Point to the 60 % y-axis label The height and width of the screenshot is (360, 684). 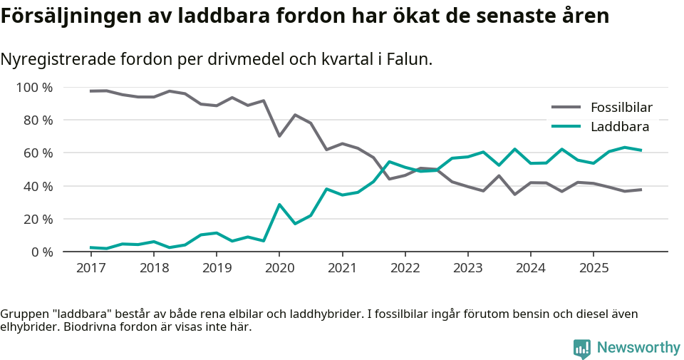pos(37,153)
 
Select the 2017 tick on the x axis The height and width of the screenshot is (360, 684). pos(90,268)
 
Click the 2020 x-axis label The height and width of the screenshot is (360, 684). pos(279,268)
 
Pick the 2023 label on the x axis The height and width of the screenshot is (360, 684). pos(468,268)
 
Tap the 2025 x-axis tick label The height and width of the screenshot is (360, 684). pos(594,268)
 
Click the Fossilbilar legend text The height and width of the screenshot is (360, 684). pos(621,108)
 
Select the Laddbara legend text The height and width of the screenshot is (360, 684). pos(620,127)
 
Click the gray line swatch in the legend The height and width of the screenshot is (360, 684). pos(566,108)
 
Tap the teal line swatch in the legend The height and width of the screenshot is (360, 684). pos(566,127)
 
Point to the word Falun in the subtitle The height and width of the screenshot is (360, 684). pos(408,60)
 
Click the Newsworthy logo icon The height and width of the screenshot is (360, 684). pos(581,348)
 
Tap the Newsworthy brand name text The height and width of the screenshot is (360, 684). pos(638,348)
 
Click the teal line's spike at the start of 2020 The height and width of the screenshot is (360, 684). pos(279,205)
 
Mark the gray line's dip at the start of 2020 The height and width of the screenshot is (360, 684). pos(279,136)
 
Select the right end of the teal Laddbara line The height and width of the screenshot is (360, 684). pos(641,150)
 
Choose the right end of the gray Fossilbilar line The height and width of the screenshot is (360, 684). pos(641,190)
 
